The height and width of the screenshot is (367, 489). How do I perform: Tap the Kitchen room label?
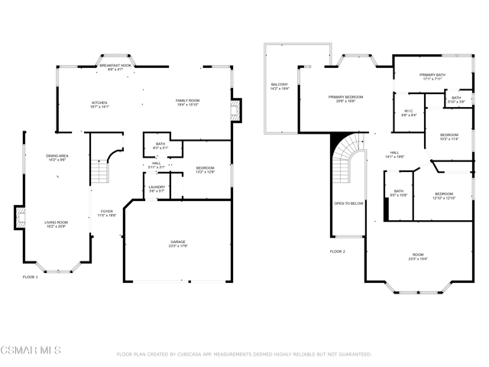pyautogui.click(x=100, y=104)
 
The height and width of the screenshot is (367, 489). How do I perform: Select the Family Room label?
pyautogui.click(x=187, y=102)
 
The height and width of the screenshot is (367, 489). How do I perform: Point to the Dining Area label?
pyautogui.click(x=58, y=158)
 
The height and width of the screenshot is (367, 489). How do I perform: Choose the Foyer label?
pyautogui.click(x=107, y=213)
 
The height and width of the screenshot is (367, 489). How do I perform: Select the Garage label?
pyautogui.click(x=177, y=243)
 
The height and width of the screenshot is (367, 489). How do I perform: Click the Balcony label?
pyautogui.click(x=279, y=86)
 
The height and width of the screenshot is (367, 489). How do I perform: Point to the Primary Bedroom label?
pyautogui.click(x=345, y=99)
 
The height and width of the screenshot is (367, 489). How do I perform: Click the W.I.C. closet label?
pyautogui.click(x=409, y=113)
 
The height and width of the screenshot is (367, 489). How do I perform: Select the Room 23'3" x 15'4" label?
pyautogui.click(x=418, y=257)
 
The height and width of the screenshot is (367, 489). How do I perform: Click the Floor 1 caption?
pyautogui.click(x=30, y=276)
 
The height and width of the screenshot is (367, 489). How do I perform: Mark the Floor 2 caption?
pyautogui.click(x=338, y=251)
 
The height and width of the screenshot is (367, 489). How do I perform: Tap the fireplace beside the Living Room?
pyautogui.click(x=18, y=217)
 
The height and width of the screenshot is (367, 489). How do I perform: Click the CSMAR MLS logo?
pyautogui.click(x=31, y=351)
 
